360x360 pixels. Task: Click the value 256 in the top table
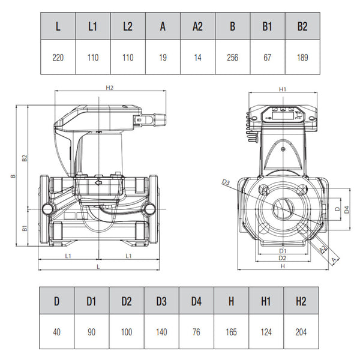(232, 58)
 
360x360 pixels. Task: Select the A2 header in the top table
(197, 26)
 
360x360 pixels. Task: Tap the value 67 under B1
(267, 58)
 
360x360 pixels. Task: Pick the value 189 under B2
(302, 58)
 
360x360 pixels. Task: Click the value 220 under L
(58, 58)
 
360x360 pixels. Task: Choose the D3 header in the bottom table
(161, 301)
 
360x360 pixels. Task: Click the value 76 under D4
(196, 332)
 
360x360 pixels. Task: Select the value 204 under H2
(301, 332)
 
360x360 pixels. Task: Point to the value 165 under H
(231, 332)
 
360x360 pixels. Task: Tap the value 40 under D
(57, 332)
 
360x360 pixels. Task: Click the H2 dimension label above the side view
(110, 88)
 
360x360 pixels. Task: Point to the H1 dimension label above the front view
(283, 89)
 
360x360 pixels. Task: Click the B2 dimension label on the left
(25, 158)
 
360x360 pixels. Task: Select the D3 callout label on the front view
(226, 182)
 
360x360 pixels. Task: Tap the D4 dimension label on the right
(347, 209)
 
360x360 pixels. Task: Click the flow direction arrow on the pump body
(99, 183)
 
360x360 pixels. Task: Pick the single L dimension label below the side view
(98, 267)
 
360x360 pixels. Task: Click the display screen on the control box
(283, 115)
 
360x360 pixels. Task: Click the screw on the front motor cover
(283, 149)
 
